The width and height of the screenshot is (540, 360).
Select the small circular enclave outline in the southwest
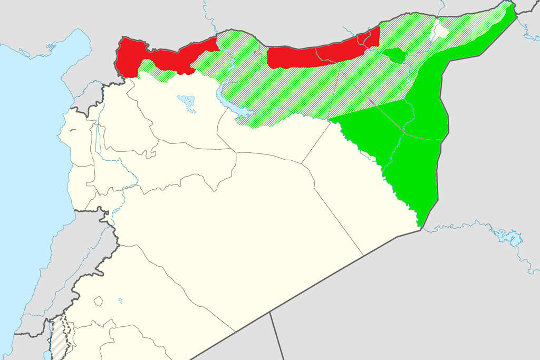click(98, 301)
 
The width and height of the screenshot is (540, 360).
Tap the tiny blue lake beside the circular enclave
click(120, 301)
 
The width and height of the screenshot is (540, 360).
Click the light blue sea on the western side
click(26, 158)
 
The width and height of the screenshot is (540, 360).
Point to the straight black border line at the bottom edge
click(277, 337)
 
